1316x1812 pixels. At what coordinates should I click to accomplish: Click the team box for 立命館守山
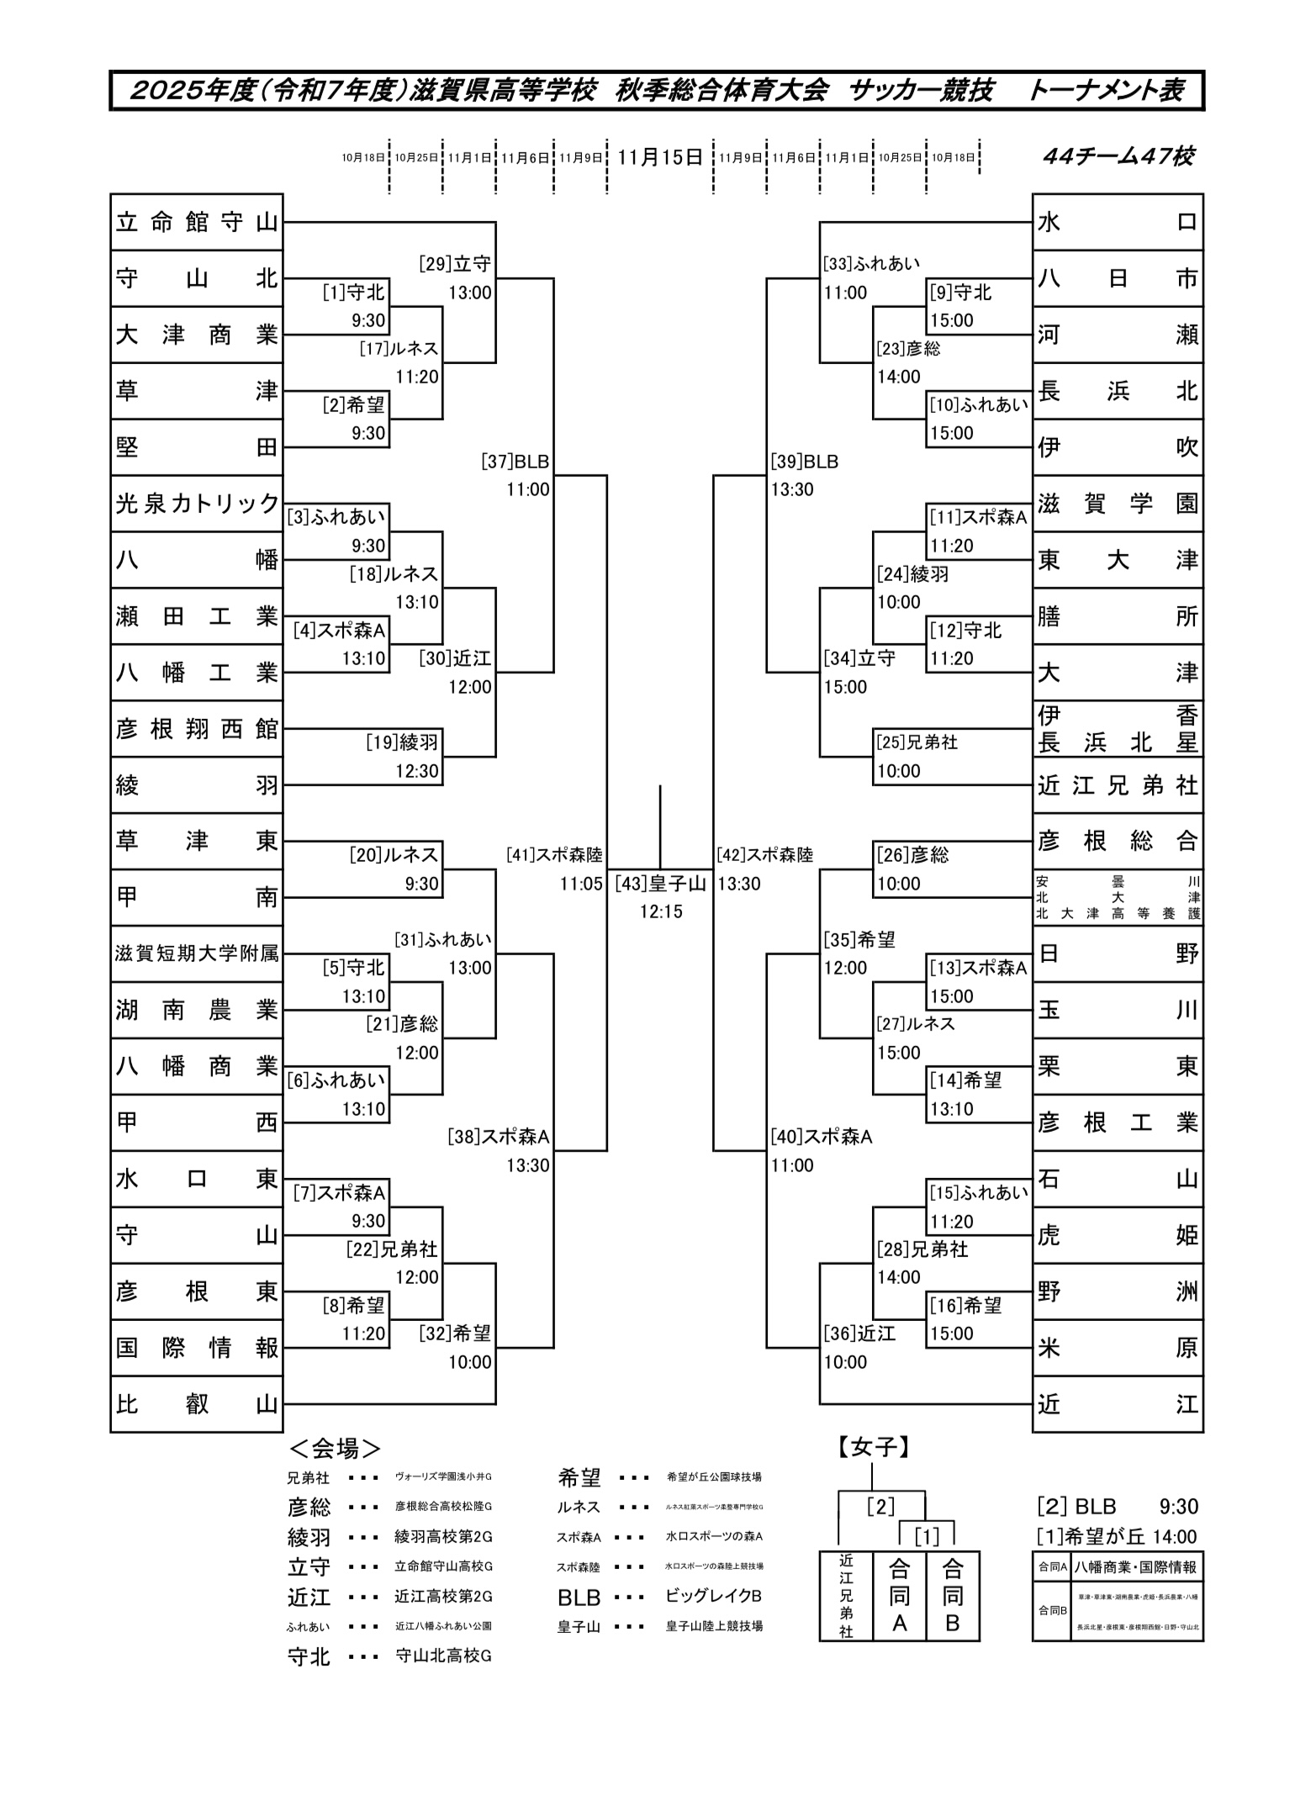pyautogui.click(x=196, y=222)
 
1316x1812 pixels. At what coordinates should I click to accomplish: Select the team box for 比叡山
pyautogui.click(x=196, y=1403)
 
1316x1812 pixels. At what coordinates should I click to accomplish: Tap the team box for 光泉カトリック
pyautogui.click(x=196, y=503)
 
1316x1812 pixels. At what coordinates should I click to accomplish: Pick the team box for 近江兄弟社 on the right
pyautogui.click(x=1118, y=784)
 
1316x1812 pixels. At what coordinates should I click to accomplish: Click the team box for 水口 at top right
pyautogui.click(x=1118, y=222)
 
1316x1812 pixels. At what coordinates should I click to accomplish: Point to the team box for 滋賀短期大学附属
pyautogui.click(x=196, y=953)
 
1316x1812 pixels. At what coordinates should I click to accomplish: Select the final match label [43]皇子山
pyautogui.click(x=660, y=883)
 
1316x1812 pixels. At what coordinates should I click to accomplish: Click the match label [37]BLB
pyautogui.click(x=515, y=462)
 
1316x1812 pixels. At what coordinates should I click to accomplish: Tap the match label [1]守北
pyautogui.click(x=353, y=292)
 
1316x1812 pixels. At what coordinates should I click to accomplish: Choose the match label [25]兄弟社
pyautogui.click(x=917, y=742)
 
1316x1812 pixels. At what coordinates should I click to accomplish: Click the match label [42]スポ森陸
pyautogui.click(x=765, y=855)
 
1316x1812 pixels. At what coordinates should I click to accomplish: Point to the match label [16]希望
pyautogui.click(x=965, y=1305)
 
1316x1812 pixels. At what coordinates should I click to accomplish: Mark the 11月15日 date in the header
pyautogui.click(x=660, y=157)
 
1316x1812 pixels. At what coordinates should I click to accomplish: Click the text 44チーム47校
pyautogui.click(x=1118, y=156)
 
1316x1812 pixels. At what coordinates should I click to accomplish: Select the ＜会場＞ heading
pyautogui.click(x=335, y=1448)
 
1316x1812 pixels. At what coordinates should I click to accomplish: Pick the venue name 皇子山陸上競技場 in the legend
pyautogui.click(x=714, y=1626)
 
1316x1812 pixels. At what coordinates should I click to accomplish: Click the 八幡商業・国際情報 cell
pyautogui.click(x=1135, y=1566)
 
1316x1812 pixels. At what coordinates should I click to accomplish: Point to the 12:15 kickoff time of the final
pyautogui.click(x=660, y=911)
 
